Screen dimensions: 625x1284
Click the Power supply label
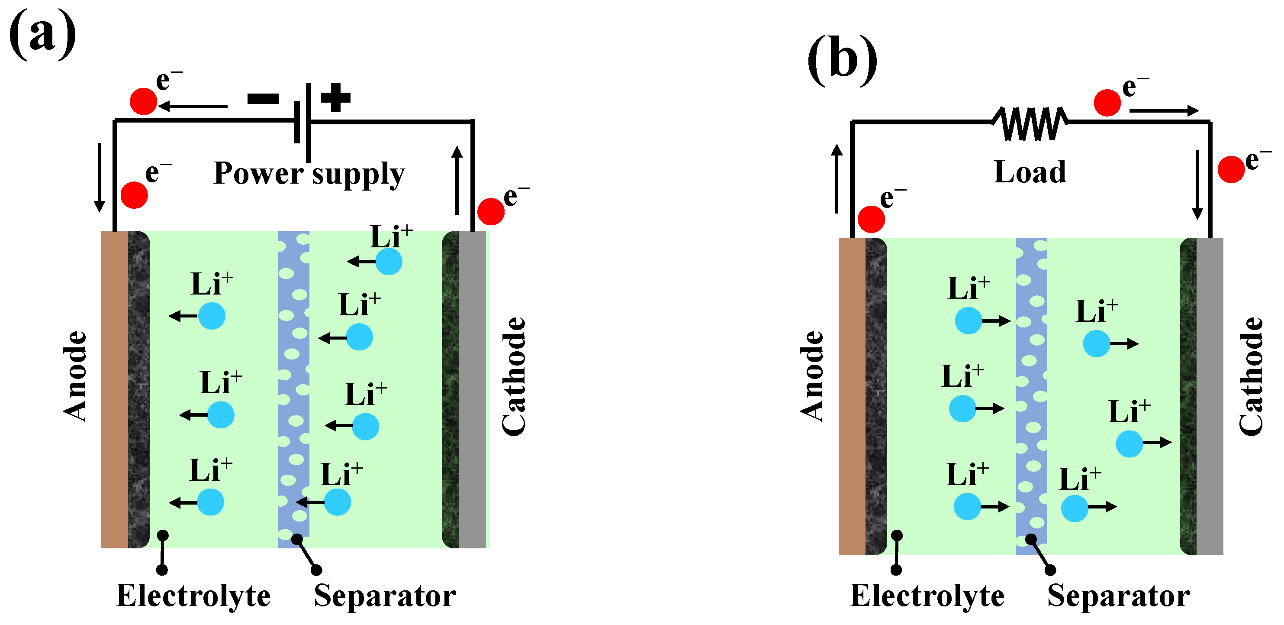click(x=309, y=174)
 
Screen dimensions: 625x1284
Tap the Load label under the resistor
click(x=1030, y=172)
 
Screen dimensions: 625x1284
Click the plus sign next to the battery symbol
click(x=335, y=97)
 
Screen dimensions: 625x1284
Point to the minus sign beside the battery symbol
click(x=263, y=99)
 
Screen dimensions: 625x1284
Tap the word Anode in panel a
click(x=75, y=376)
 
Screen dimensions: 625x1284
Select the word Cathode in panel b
click(x=1251, y=376)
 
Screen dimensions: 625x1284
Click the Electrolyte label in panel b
click(x=927, y=596)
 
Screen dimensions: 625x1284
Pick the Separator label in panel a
click(x=384, y=596)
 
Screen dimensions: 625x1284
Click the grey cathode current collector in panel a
click(x=472, y=389)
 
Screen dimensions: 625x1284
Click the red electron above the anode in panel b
click(x=871, y=219)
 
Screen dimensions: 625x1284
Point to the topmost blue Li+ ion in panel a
click(x=389, y=261)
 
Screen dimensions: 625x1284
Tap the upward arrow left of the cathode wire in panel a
click(x=457, y=180)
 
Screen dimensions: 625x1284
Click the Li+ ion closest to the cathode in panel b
click(x=1130, y=444)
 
